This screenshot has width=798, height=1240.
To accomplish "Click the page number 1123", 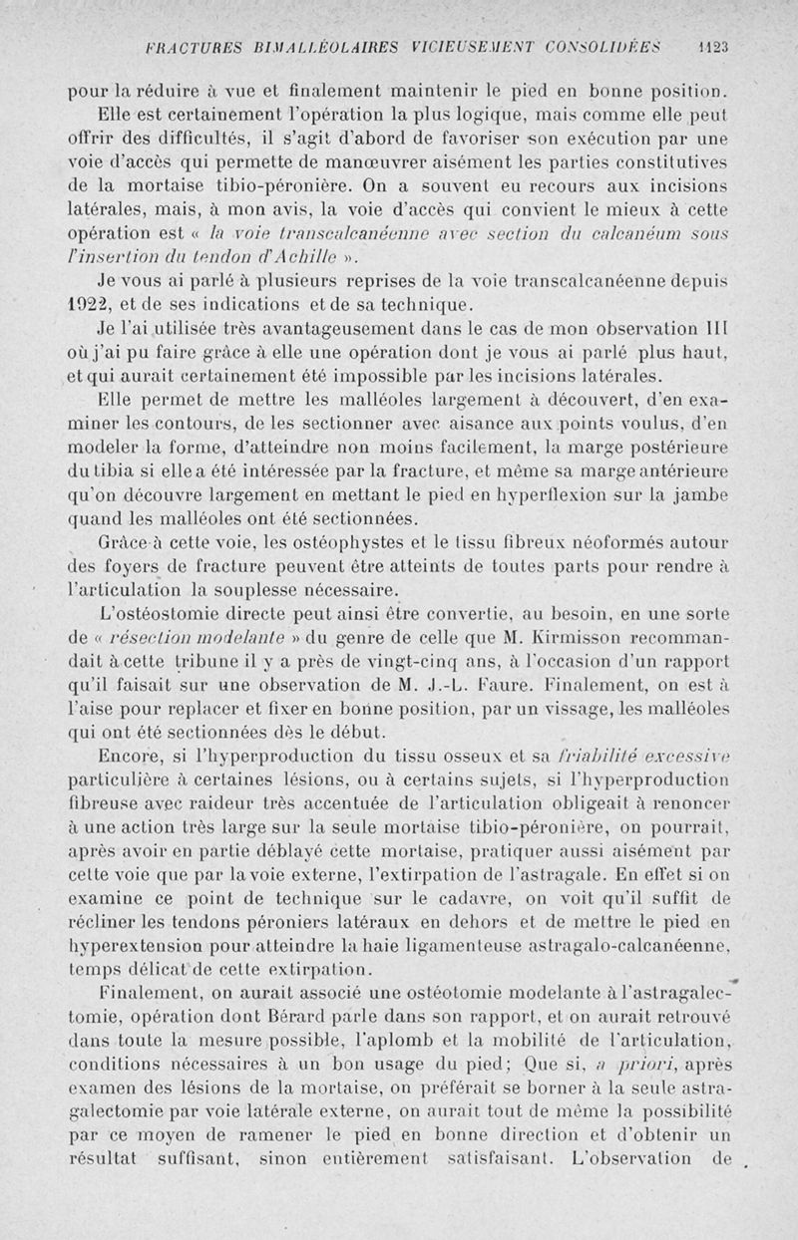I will pos(713,46).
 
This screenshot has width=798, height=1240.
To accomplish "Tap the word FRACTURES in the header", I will pos(190,46).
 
